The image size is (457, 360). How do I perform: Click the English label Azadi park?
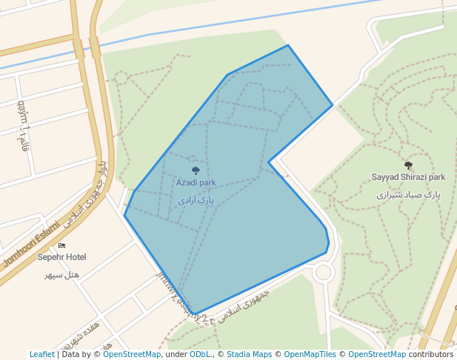coord(196,182)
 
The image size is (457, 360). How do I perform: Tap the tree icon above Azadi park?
coord(196,170)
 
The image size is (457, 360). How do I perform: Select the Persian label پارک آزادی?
coord(196,200)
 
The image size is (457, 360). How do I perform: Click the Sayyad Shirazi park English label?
coord(408,177)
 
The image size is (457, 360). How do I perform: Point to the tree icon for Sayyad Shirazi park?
coord(408,165)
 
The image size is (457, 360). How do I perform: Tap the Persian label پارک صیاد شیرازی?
coord(408,195)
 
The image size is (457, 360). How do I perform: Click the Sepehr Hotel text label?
coord(61,257)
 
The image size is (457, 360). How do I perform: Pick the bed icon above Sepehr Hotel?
coord(61,245)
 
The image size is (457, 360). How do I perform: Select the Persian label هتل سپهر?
coord(61,275)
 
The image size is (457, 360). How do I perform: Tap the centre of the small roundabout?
coord(323,273)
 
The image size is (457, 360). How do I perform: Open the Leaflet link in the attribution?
coord(41,354)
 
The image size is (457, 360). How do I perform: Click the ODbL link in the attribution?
coord(200,354)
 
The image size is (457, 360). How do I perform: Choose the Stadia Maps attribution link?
coord(249,354)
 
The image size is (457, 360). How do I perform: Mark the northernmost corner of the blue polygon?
coord(287,45)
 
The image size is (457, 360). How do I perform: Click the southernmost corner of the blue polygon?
coord(196,315)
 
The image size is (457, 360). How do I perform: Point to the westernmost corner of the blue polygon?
coord(124,216)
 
